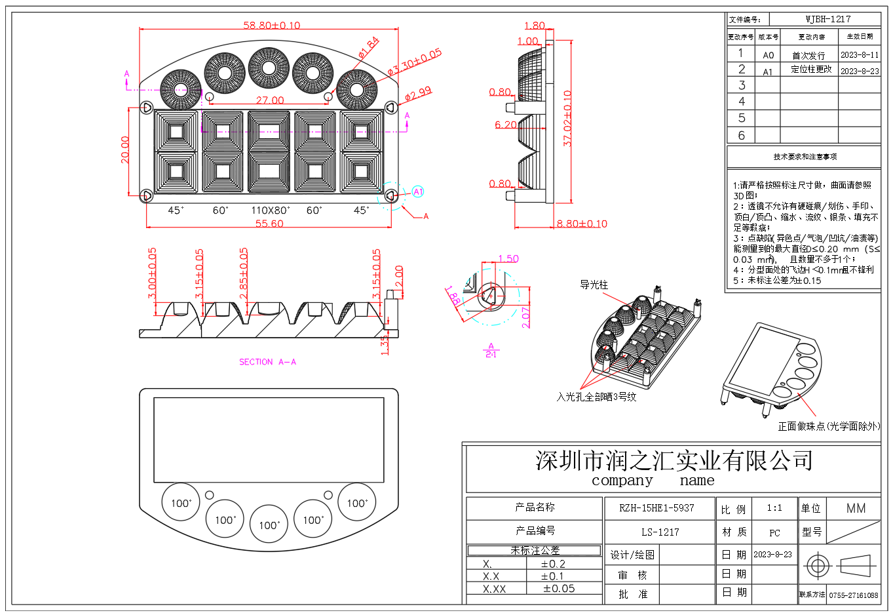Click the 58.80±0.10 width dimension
pyautogui.click(x=271, y=25)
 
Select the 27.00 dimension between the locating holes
pyautogui.click(x=270, y=100)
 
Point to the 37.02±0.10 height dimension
pyautogui.click(x=567, y=118)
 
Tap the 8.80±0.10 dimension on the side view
pyautogui.click(x=582, y=224)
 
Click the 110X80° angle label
pyautogui.click(x=270, y=210)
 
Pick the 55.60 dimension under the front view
pyautogui.click(x=269, y=224)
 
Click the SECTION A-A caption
pyautogui.click(x=267, y=362)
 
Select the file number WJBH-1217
pyautogui.click(x=827, y=19)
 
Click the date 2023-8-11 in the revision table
pyautogui.click(x=860, y=55)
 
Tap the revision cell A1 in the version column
pyautogui.click(x=768, y=72)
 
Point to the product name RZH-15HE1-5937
pyautogui.click(x=656, y=508)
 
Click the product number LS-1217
pyautogui.click(x=660, y=532)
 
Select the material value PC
pyautogui.click(x=774, y=533)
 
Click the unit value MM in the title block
pyautogui.click(x=856, y=508)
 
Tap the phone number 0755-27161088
pyautogui.click(x=853, y=595)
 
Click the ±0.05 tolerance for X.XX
pyautogui.click(x=559, y=589)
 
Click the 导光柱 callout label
pyautogui.click(x=594, y=285)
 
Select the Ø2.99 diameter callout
pyautogui.click(x=418, y=94)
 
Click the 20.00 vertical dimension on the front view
pyautogui.click(x=124, y=149)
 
